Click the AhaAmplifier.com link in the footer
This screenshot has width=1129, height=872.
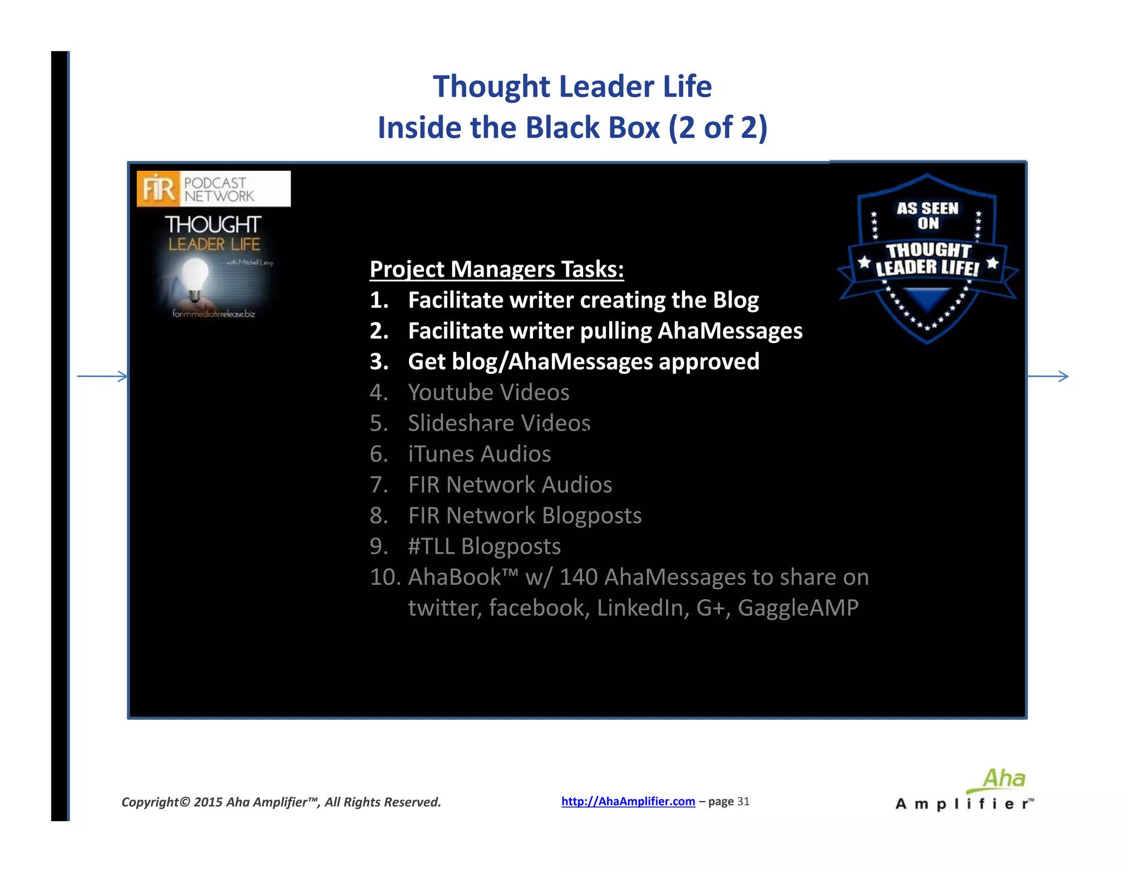click(x=628, y=801)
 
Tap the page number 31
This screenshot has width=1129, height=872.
click(x=743, y=801)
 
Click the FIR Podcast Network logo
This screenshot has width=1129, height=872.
click(x=213, y=189)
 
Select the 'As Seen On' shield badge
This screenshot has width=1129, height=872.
click(x=927, y=258)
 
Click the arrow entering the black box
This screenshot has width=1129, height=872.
click(x=103, y=376)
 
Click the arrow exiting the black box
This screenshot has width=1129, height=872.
click(x=1047, y=376)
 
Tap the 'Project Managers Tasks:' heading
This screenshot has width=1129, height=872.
click(x=497, y=269)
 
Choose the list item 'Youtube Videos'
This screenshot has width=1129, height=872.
click(x=488, y=392)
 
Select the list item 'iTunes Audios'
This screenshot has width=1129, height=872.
click(x=479, y=454)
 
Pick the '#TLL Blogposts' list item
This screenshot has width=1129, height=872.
click(x=484, y=546)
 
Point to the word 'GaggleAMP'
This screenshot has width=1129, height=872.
click(x=798, y=608)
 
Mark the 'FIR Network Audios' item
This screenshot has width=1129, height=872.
click(x=510, y=485)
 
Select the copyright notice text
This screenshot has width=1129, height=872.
click(x=281, y=802)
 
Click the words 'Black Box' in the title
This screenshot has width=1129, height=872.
click(x=592, y=127)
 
